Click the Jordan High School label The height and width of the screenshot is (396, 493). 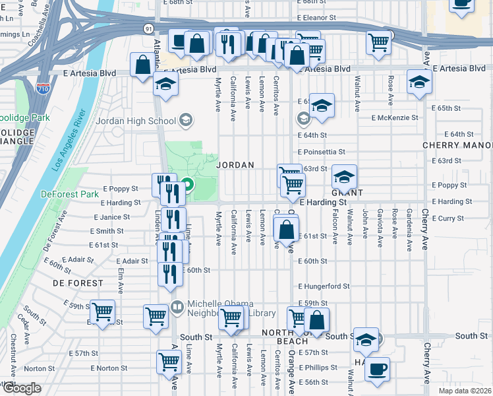coord(136,121)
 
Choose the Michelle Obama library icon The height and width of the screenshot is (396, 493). coord(177,307)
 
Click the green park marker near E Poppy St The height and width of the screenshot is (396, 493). coord(187,187)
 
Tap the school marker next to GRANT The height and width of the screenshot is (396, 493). coord(344,176)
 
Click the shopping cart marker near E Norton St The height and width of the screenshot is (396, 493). coord(169,361)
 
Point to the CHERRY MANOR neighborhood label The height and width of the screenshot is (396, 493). coord(457,145)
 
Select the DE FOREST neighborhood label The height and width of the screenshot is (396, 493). coord(80,282)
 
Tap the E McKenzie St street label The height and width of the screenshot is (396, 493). coord(395,118)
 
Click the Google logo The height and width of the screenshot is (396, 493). coord(22,389)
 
